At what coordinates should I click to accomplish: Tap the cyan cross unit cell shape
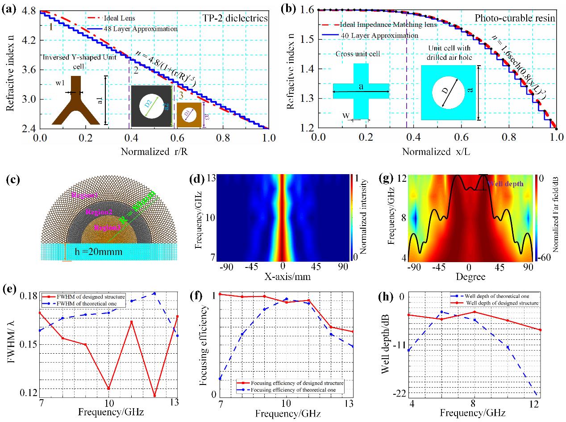361,91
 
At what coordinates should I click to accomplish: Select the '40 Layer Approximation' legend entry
379,35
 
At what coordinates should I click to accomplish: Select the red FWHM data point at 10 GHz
108,389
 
